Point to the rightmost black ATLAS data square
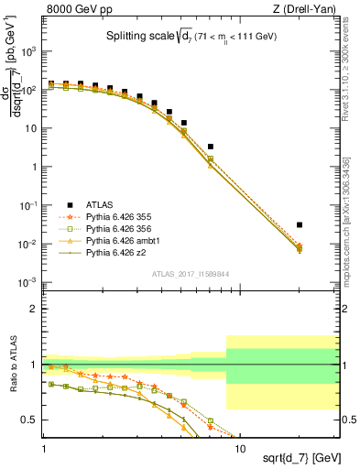[300, 224]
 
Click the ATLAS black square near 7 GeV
[211, 147]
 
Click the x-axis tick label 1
[44, 438]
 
